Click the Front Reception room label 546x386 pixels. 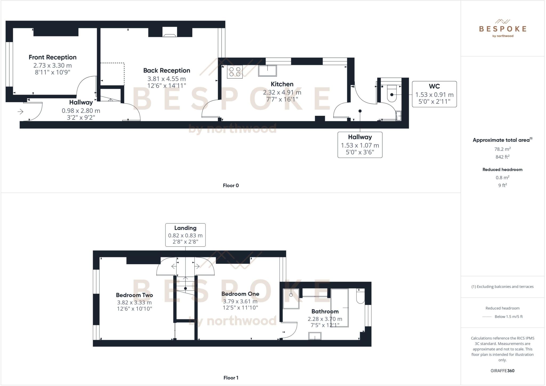[x=53, y=57]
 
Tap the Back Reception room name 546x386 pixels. [x=167, y=70]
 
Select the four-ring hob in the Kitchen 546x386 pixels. [x=235, y=72]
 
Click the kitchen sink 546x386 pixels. [x=267, y=71]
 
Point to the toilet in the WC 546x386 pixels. [x=392, y=94]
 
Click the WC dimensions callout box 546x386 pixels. [x=434, y=94]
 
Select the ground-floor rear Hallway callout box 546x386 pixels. [x=360, y=145]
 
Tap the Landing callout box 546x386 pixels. [x=185, y=235]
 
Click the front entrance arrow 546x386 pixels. [x=21, y=112]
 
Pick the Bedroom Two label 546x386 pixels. [x=134, y=295]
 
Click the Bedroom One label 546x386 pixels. [x=240, y=294]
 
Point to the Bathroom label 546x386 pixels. [x=325, y=311]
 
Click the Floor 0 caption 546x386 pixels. [x=231, y=185]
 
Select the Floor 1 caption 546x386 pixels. [x=231, y=378]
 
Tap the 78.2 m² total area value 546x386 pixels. [x=502, y=149]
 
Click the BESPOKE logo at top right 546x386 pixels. [x=503, y=29]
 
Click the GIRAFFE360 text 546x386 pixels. [x=502, y=371]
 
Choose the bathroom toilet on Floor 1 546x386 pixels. [x=360, y=297]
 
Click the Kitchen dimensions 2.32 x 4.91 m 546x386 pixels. [x=282, y=93]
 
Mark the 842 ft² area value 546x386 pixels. [x=502, y=157]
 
